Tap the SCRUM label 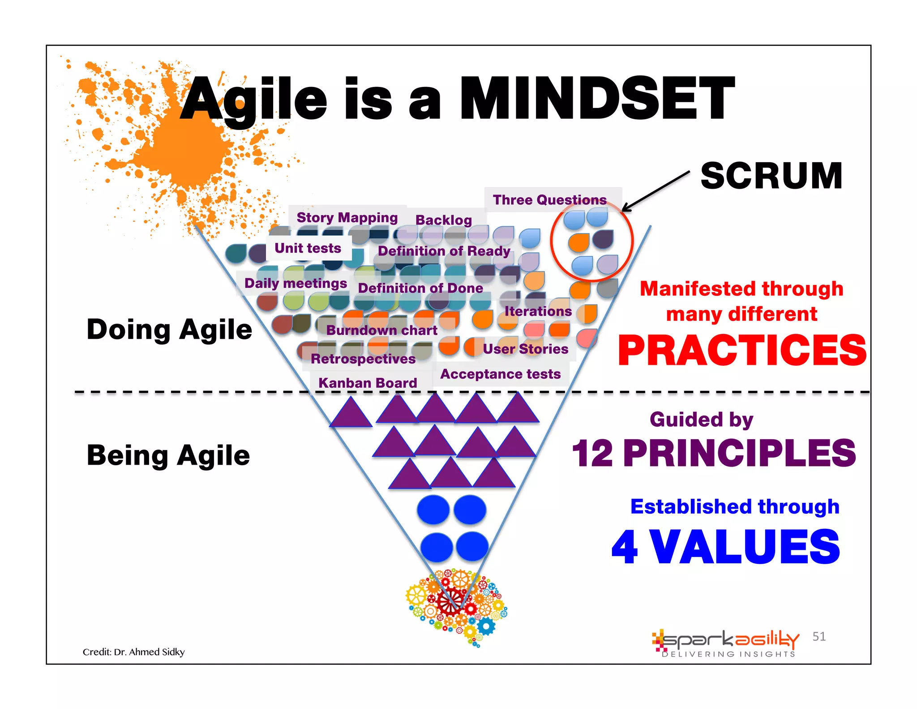771,176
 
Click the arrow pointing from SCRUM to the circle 656,191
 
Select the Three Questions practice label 549,199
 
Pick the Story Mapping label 347,218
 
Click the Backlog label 443,220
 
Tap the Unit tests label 308,248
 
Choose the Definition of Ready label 444,251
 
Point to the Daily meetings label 296,283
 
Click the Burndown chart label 381,330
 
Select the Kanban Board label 367,383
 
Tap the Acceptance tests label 500,374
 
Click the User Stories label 525,349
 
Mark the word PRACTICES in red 742,350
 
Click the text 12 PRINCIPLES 714,453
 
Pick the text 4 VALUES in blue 725,547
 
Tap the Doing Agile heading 169,329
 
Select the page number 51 819,636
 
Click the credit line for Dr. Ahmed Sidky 133,652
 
